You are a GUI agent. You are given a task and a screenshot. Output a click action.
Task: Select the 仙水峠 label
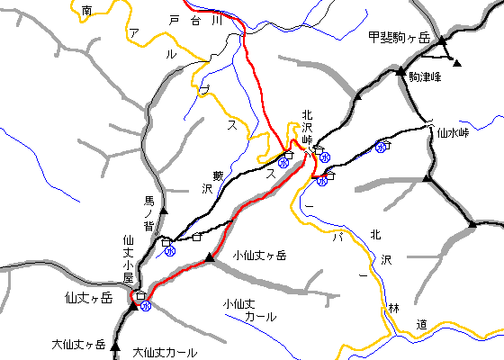coord(453,132)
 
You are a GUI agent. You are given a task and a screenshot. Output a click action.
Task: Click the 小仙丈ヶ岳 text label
coord(259,256)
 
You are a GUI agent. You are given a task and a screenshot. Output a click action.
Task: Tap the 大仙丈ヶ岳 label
coord(78,345)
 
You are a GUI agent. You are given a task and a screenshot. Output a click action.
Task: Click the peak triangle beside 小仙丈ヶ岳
coord(210,259)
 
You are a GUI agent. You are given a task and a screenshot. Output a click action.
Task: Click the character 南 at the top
coord(86,10)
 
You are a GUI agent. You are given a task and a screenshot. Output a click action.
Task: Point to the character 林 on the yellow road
coord(393,309)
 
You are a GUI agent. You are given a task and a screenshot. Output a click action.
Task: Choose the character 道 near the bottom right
coord(422,323)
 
